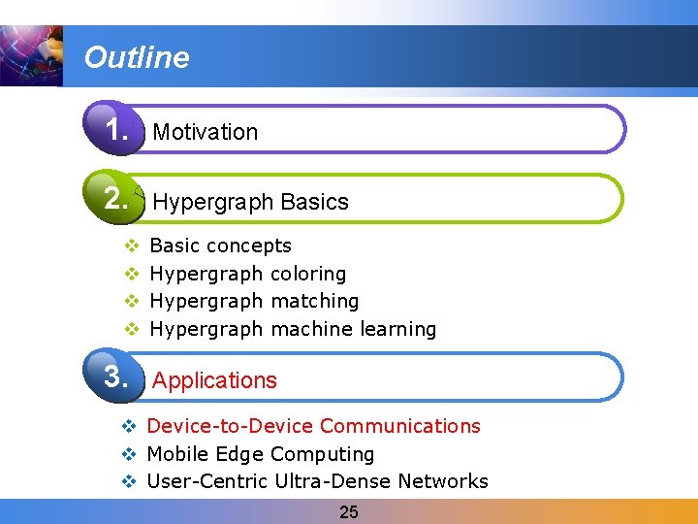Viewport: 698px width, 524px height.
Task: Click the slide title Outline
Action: (137, 57)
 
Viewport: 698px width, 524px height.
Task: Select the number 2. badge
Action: (115, 199)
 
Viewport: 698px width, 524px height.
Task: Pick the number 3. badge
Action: (115, 376)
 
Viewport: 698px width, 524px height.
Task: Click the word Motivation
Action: (206, 132)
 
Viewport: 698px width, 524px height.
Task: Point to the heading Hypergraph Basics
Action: (250, 202)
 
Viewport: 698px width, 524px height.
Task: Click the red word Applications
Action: (214, 380)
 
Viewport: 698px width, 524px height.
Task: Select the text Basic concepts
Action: (221, 246)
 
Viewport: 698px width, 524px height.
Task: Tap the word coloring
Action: (308, 274)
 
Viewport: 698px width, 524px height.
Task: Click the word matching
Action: (315, 301)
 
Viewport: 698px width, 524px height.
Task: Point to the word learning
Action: (397, 329)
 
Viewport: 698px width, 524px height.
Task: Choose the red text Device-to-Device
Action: (231, 426)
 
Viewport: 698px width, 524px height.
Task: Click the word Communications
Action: (400, 426)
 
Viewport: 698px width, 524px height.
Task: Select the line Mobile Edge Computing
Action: (260, 454)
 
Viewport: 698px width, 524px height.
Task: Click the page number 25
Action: (349, 512)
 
